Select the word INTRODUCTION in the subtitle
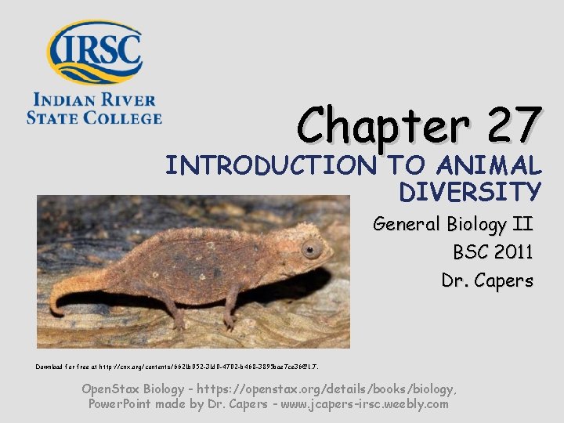click(271, 166)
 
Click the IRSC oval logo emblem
click(95, 51)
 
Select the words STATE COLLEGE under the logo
click(94, 117)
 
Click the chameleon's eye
click(312, 251)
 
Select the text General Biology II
click(453, 225)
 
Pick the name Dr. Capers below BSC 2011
click(486, 280)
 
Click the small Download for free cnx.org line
click(177, 366)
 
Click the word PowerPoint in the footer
click(124, 404)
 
